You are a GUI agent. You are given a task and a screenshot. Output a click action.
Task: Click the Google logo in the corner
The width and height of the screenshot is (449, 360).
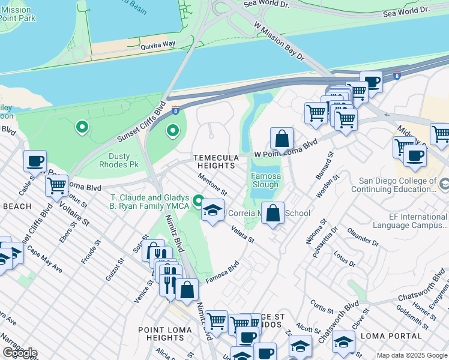tap(20, 353)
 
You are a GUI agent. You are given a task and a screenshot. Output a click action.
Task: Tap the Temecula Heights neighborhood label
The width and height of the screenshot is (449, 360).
tap(213, 161)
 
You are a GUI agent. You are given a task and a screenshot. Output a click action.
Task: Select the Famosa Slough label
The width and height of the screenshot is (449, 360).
tap(265, 181)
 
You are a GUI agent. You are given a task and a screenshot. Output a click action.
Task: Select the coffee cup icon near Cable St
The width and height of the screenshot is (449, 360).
tap(35, 161)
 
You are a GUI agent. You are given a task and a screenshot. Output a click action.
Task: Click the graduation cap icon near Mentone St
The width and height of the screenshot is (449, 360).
tap(212, 211)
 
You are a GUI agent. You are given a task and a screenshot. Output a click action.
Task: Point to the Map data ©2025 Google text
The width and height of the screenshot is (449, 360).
tap(412, 355)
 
